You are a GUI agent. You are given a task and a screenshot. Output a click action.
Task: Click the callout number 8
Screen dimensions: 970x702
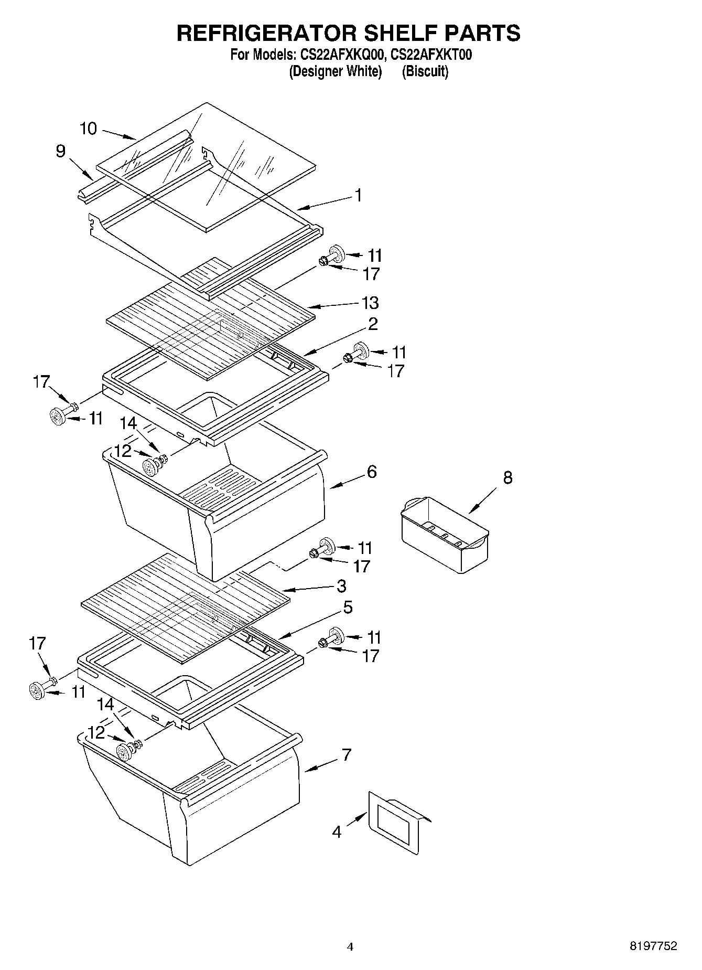507,478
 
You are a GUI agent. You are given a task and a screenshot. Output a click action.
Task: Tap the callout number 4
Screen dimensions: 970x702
337,832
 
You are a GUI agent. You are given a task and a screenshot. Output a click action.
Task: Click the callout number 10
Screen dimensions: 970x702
89,129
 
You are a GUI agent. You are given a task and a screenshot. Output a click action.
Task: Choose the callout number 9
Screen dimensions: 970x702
61,152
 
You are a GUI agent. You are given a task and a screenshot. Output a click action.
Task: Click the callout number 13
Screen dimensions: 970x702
370,303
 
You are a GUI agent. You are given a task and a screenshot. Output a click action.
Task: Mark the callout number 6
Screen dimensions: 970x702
371,472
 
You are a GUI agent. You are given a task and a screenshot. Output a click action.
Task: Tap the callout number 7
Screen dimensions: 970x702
346,755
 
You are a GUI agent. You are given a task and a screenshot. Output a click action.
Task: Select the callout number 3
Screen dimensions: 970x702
341,585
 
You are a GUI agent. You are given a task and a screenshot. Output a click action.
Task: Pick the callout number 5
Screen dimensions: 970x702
348,607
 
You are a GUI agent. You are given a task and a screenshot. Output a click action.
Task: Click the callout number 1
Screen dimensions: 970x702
358,196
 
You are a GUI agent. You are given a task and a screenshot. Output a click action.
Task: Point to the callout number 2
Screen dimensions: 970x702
372,324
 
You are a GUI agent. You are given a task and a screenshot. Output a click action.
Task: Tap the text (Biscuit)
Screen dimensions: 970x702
425,71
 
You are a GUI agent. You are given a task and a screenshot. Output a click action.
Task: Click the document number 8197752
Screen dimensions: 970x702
653,947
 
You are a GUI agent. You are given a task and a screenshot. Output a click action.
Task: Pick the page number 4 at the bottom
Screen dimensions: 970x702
350,947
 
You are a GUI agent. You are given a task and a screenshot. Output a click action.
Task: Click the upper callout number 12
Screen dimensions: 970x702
123,451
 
